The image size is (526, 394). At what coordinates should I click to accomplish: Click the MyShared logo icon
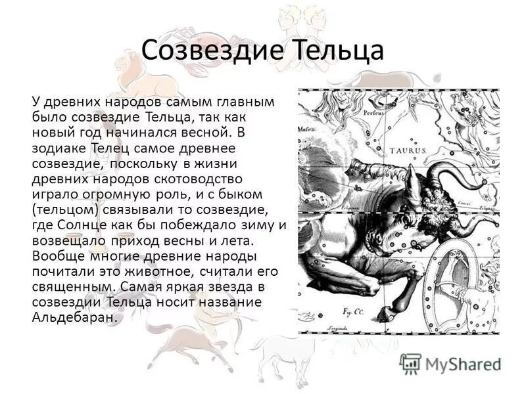(x=410, y=362)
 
